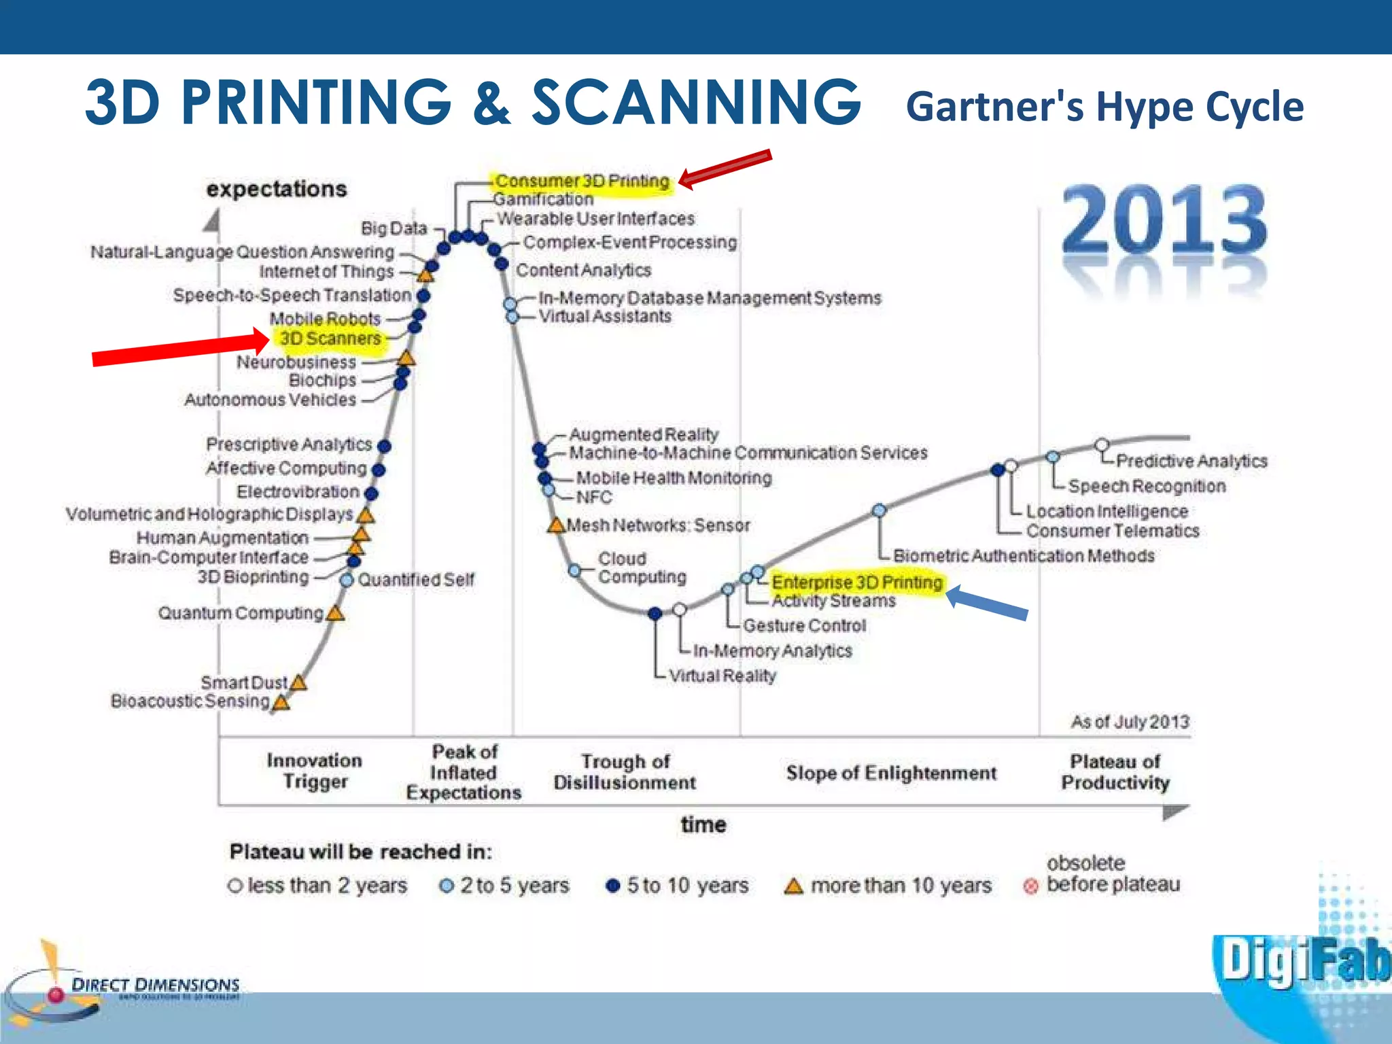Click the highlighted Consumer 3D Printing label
coord(582,181)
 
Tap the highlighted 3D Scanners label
coord(330,338)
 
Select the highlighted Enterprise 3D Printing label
coord(857,582)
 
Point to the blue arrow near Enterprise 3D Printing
coord(987,604)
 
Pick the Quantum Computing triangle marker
coord(335,613)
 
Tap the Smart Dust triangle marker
coord(298,682)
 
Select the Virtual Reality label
coord(722,676)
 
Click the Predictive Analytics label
coord(1191,461)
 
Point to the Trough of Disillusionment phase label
coord(625,772)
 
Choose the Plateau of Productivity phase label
coord(1115,772)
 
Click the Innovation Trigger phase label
coord(315,771)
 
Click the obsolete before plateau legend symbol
coord(1030,886)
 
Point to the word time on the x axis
coord(703,824)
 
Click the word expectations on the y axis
coord(277,189)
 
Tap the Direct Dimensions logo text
coord(156,985)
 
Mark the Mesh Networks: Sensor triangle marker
coord(556,525)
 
